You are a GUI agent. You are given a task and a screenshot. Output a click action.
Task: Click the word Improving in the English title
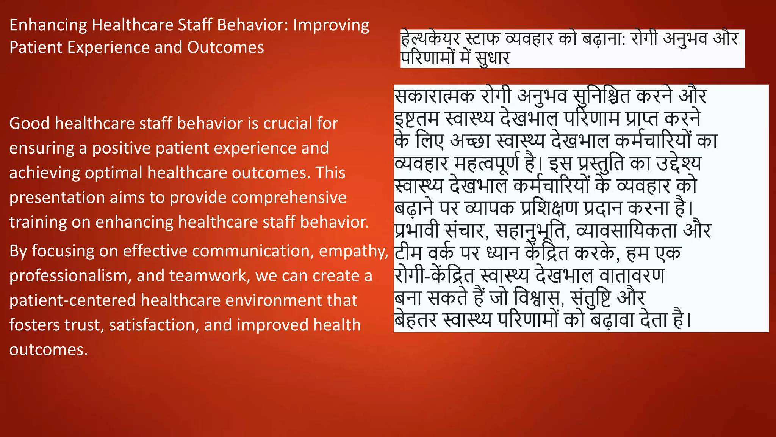point(331,25)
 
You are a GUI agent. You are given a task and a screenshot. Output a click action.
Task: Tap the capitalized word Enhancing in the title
point(48,25)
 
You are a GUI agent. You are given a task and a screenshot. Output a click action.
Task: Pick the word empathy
point(353,252)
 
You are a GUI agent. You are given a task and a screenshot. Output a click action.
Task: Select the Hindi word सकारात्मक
point(434,96)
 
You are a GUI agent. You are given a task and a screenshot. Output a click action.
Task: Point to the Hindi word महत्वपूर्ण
point(487,163)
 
